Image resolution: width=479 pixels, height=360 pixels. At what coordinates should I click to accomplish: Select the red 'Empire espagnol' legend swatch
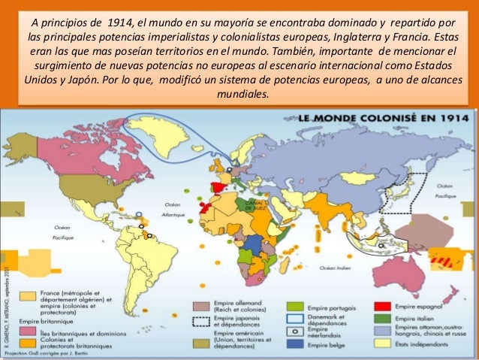[x=382, y=307]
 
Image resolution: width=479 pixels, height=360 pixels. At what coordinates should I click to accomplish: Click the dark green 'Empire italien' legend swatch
[x=382, y=319]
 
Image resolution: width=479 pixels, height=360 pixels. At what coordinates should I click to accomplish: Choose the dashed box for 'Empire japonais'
[x=200, y=319]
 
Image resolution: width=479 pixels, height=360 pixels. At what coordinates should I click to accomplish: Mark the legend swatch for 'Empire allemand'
[x=200, y=306]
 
